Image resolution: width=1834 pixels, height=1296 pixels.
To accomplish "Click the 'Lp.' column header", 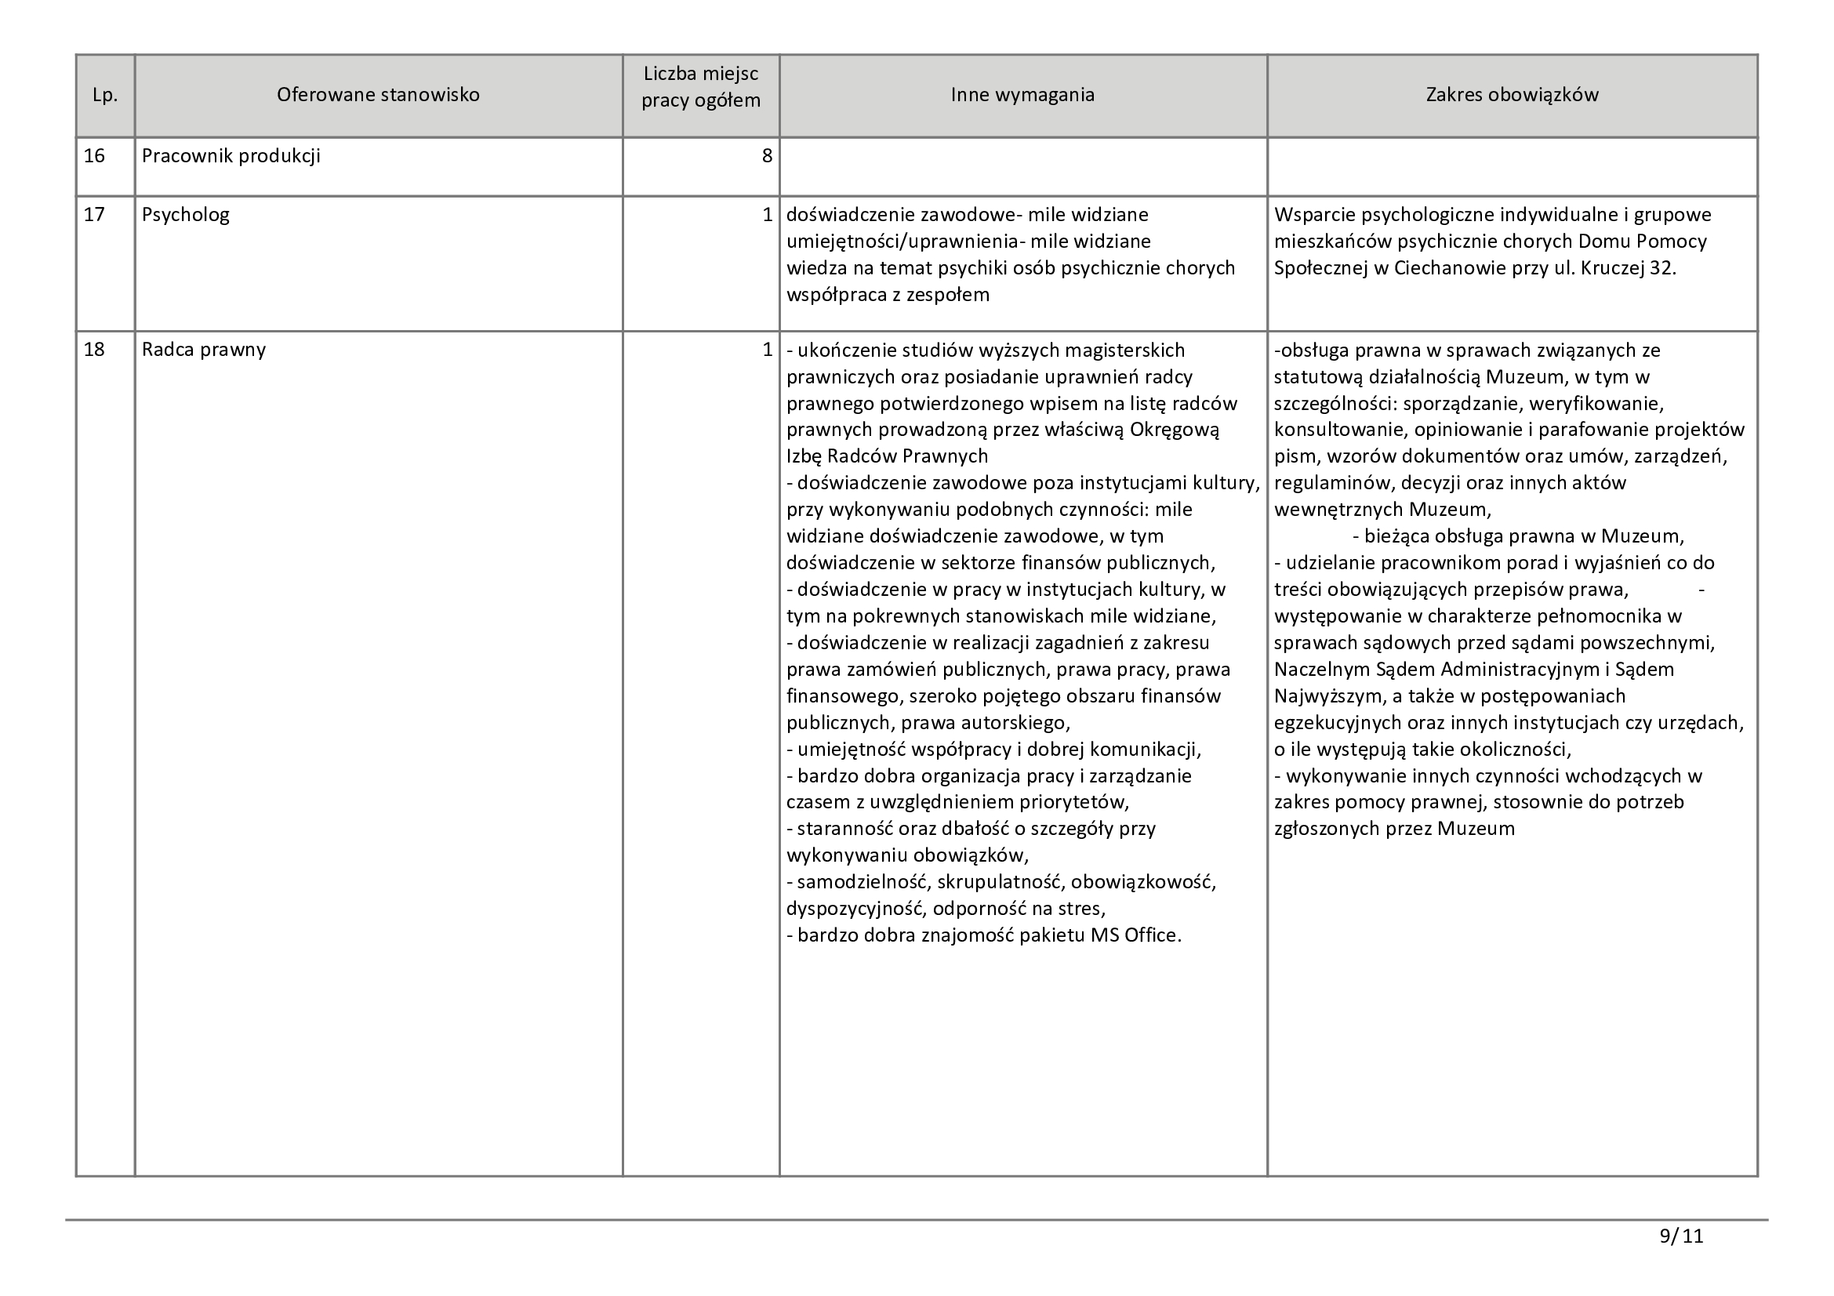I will tap(104, 95).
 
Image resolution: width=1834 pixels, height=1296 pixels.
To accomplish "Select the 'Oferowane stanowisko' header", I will tap(378, 95).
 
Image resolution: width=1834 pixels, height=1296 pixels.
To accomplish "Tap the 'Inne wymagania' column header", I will tap(1022, 95).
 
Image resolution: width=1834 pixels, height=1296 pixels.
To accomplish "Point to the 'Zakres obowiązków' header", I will tap(1512, 95).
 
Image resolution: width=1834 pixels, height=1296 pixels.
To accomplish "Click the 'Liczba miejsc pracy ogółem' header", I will tap(700, 88).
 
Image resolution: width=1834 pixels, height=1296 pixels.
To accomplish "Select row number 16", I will tap(94, 156).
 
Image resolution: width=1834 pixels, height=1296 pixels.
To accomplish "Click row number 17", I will tap(94, 215).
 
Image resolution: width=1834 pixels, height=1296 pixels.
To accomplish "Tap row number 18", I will tap(94, 350).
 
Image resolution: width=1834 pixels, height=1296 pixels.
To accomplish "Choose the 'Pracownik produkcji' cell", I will tap(231, 156).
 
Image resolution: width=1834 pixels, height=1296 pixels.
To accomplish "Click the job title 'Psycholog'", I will tap(185, 215).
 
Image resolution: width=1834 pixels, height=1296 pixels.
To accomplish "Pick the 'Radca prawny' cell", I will tap(204, 350).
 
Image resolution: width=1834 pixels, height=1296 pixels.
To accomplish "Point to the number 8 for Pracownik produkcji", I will tap(767, 156).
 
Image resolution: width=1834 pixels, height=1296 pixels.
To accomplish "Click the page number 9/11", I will tap(1681, 1236).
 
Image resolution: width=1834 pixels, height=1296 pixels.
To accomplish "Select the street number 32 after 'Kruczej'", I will tap(1662, 268).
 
